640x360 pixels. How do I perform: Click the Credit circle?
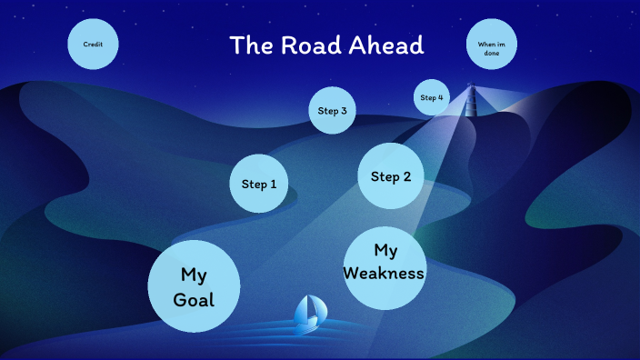(93, 44)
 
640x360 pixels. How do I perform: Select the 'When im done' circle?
(491, 44)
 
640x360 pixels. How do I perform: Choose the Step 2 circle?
(392, 176)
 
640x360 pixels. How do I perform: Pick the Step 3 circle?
(332, 111)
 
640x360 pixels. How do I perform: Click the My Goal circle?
(194, 285)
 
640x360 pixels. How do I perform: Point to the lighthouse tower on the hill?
(471, 101)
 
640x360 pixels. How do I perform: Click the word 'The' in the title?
(248, 45)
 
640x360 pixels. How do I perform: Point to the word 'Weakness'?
(385, 273)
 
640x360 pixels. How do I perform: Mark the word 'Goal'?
(194, 299)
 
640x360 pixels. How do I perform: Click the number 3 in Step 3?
(344, 111)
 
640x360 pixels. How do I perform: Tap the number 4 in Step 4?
(441, 97)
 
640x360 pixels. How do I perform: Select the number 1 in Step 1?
(273, 184)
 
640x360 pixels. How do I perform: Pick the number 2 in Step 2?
(406, 176)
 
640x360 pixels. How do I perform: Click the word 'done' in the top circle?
(491, 53)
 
